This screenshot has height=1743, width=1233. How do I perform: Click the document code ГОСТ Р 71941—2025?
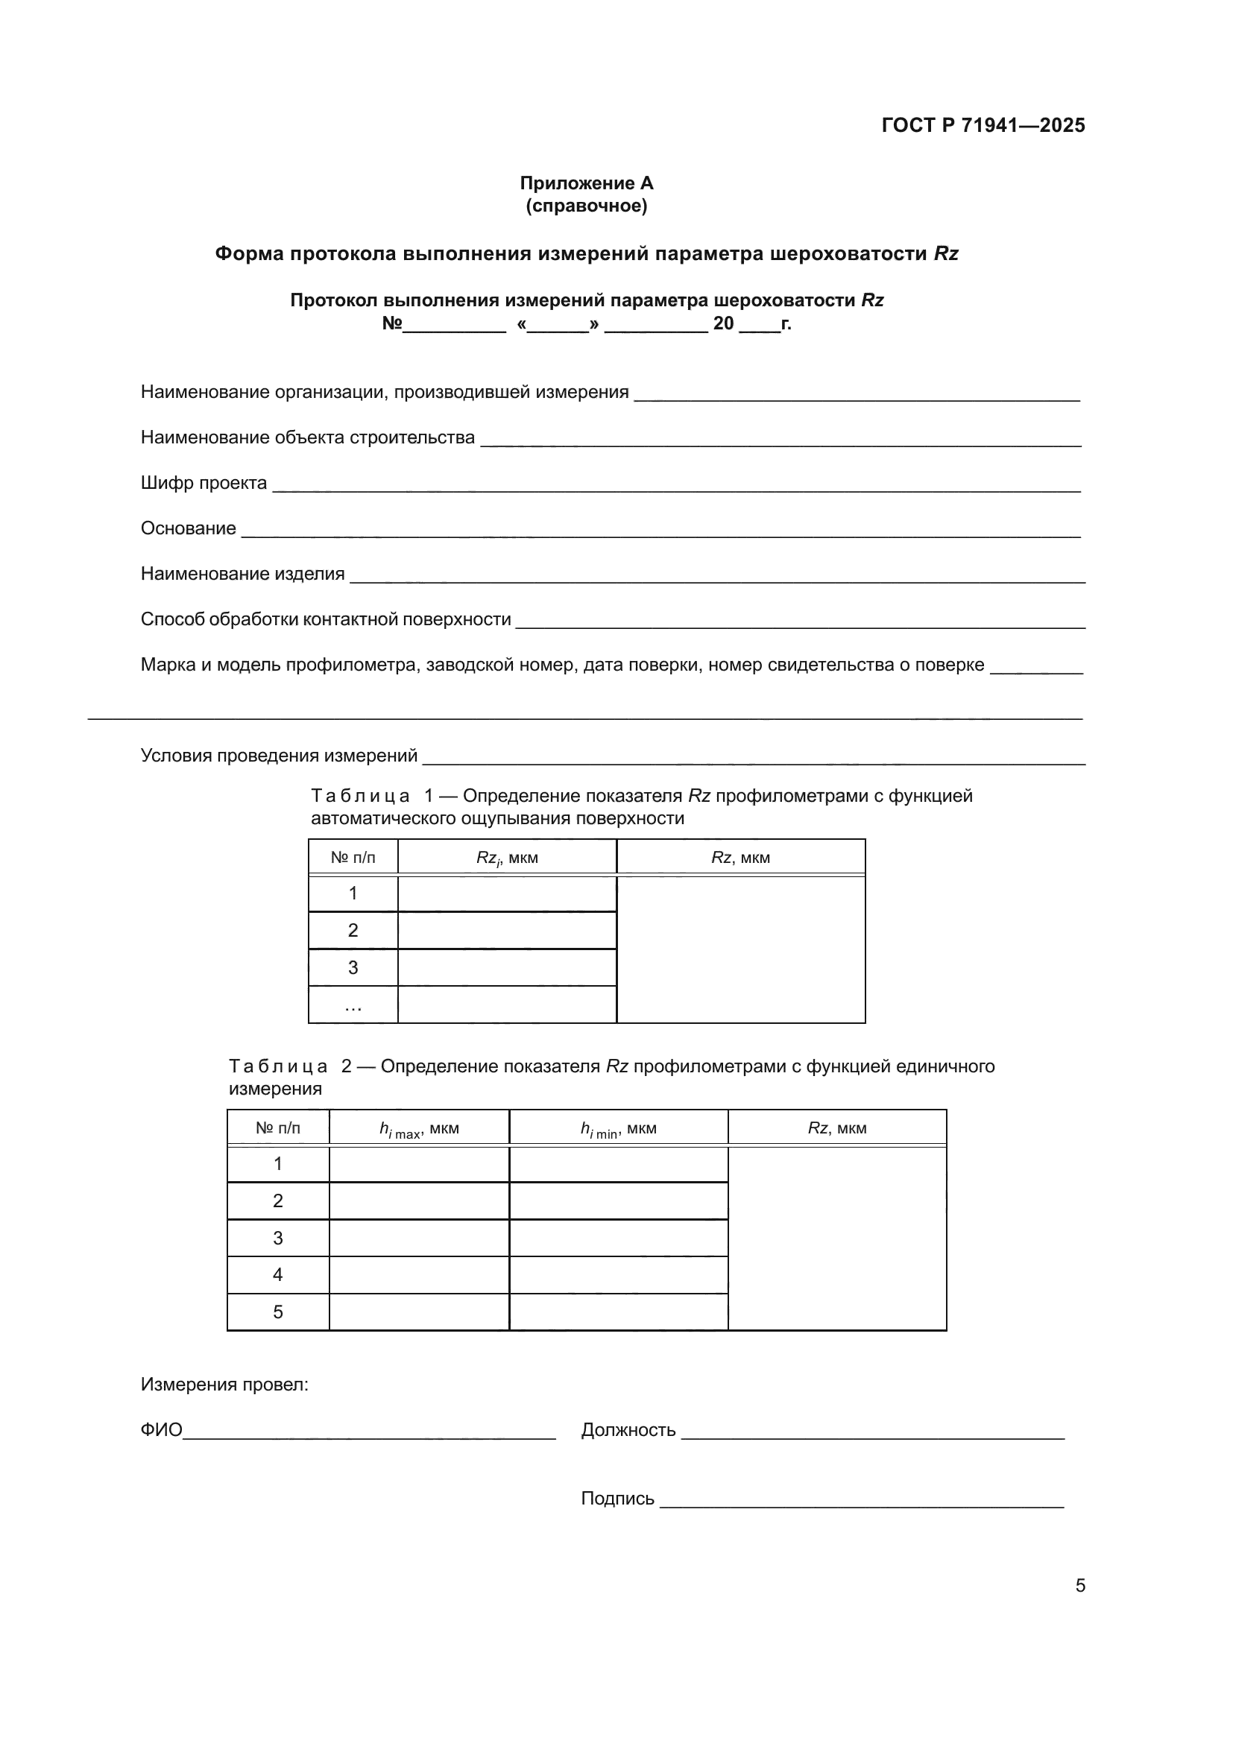(983, 125)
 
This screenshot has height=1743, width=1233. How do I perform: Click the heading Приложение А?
(586, 183)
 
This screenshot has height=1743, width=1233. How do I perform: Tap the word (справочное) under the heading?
(586, 206)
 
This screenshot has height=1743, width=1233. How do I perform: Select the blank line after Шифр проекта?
(675, 486)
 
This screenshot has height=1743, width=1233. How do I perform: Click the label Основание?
(189, 528)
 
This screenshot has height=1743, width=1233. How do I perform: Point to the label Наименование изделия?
(242, 574)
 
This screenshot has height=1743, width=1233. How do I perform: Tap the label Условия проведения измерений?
(279, 756)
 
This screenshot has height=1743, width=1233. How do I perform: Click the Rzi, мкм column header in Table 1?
(506, 858)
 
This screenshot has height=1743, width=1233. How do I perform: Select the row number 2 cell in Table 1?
(353, 931)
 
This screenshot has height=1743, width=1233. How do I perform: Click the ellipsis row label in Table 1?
(353, 1006)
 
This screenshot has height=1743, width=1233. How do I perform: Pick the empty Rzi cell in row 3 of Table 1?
(506, 968)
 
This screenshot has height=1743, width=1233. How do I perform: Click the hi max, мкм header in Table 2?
(419, 1129)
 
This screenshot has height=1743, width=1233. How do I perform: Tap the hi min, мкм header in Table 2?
(618, 1129)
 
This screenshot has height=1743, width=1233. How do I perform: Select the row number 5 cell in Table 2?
(278, 1312)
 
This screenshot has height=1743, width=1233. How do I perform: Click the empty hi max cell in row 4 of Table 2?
(419, 1274)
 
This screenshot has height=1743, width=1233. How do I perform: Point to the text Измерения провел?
(224, 1385)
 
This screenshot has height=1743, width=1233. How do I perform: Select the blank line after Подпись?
(862, 1502)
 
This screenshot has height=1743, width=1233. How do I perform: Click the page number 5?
(1079, 1586)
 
